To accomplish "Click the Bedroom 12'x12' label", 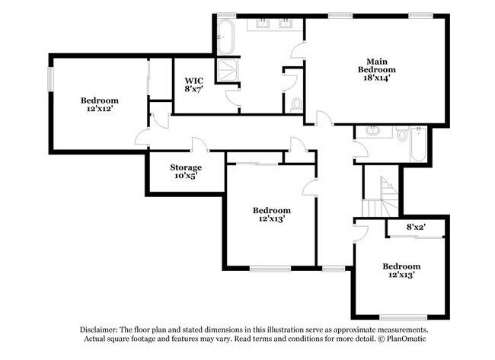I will [x=100, y=105].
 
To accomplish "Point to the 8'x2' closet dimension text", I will [x=415, y=227].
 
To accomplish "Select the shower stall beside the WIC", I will [x=226, y=71].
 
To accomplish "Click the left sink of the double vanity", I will [x=263, y=24].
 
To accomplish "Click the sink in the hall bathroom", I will [x=373, y=132].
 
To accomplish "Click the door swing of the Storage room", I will [x=198, y=145].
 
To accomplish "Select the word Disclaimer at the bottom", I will [x=101, y=330].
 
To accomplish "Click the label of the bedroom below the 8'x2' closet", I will [x=401, y=271].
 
